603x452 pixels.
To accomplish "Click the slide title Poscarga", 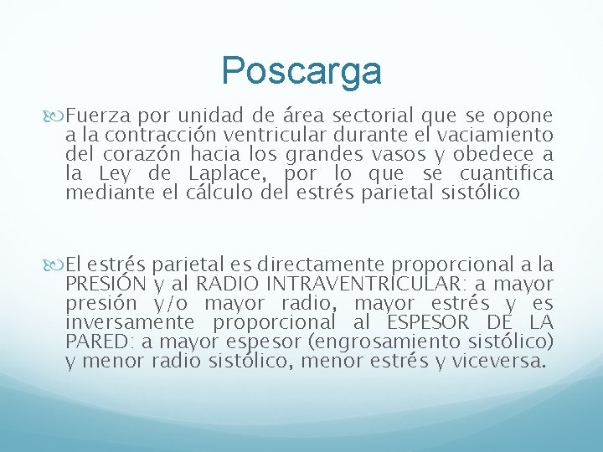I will (301, 71).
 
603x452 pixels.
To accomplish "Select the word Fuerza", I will (94, 116).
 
